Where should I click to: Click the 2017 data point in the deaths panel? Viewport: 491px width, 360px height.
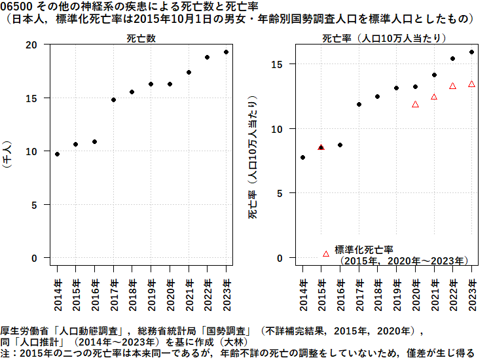pos(113,100)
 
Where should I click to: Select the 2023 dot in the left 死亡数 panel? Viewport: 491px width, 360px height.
pos(226,52)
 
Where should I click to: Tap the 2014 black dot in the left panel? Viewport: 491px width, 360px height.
pos(57,154)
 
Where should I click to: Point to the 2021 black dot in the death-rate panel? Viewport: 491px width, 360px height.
pos(434,75)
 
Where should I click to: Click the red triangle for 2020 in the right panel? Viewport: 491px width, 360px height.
pos(415,104)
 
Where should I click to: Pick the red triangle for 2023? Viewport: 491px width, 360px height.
pos(471,84)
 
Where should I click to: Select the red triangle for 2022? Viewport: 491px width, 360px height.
pos(452,86)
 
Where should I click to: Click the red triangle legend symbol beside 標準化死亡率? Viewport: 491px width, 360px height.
pos(326,253)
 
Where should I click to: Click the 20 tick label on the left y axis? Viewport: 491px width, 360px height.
pos(31,45)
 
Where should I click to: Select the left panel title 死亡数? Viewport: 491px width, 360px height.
pos(141,39)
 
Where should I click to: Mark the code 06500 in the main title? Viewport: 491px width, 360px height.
pos(14,6)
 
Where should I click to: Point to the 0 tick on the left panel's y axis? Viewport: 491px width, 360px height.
pos(35,258)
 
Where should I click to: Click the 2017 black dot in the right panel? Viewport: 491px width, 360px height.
pos(359,104)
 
